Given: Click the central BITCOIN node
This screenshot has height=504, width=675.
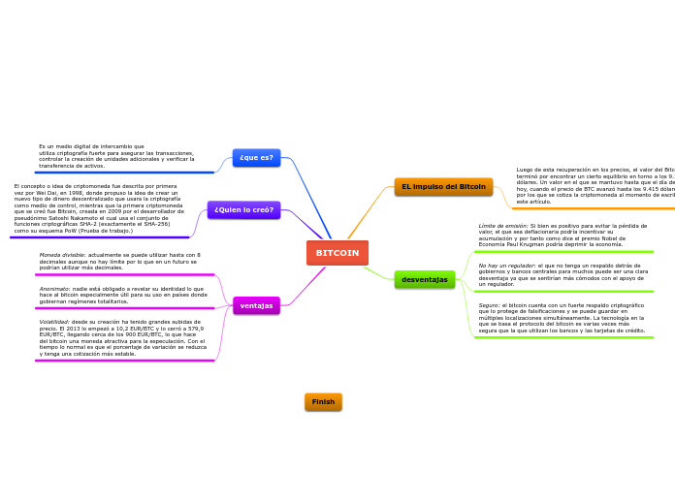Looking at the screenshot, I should coord(337,253).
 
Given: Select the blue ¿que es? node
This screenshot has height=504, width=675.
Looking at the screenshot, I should coord(256,157).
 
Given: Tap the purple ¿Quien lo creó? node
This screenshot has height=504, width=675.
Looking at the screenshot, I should coord(243,209).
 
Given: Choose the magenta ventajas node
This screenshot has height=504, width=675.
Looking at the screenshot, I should coord(256,305).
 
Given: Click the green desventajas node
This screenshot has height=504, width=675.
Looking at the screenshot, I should coord(425,279).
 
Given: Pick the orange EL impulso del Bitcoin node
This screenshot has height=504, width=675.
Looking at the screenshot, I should coord(443,186).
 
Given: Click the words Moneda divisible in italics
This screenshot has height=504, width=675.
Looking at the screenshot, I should coord(63,255).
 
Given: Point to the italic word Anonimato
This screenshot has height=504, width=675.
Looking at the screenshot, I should coord(54,289).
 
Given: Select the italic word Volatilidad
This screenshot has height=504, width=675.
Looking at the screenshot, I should coord(54,322).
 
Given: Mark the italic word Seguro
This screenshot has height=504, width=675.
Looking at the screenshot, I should coord(489,305).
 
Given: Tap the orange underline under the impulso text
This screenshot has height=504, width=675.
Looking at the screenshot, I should coord(592,207).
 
